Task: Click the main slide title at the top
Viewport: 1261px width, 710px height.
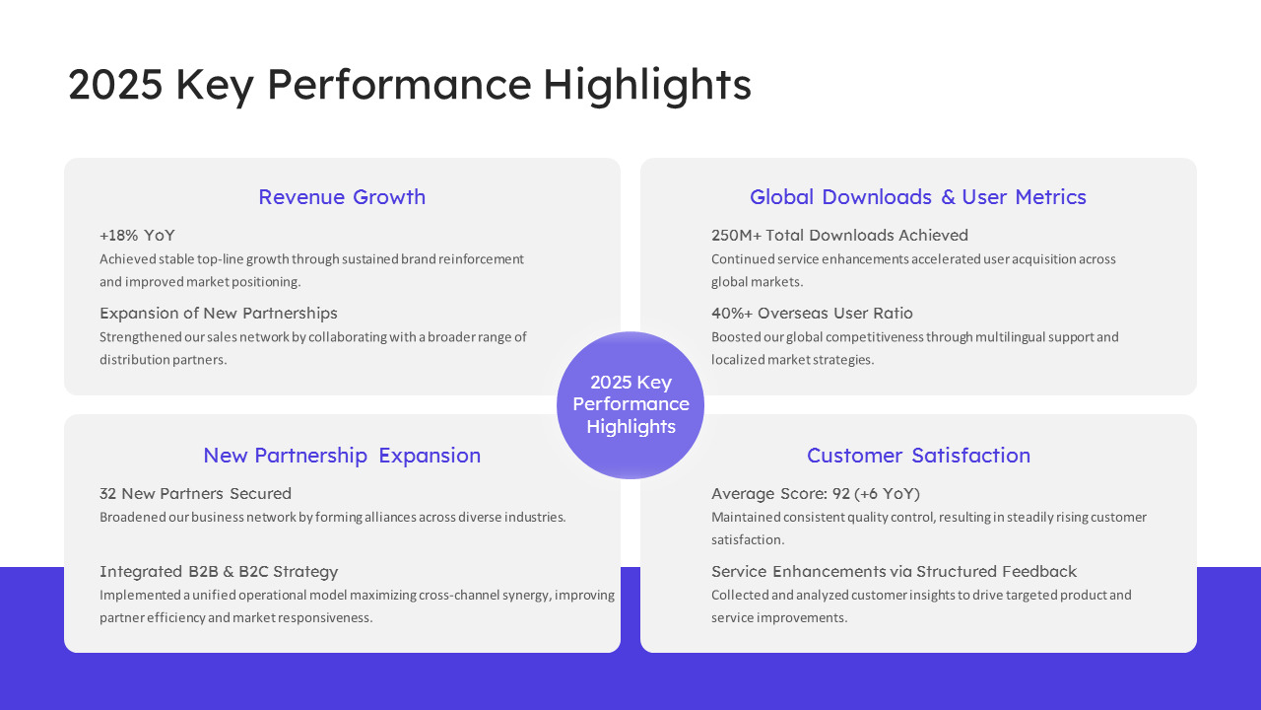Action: (x=409, y=85)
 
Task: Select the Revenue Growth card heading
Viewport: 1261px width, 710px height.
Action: (x=342, y=196)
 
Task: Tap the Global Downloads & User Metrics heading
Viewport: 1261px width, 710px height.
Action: (x=917, y=196)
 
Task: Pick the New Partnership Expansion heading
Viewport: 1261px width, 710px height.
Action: (x=342, y=456)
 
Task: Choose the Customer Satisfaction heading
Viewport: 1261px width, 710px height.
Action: (x=918, y=456)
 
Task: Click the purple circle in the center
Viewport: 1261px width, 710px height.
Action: (x=630, y=405)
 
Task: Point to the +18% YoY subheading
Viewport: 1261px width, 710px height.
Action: (x=137, y=235)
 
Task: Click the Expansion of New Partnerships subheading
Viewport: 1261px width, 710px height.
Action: (x=219, y=313)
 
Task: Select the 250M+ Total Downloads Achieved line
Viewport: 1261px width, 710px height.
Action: (x=839, y=235)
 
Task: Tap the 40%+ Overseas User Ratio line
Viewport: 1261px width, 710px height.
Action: (x=812, y=313)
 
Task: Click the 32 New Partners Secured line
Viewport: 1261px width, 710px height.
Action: (x=195, y=494)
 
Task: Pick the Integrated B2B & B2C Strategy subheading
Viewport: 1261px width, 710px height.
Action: (x=219, y=571)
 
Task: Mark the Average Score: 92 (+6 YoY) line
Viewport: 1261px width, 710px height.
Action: (x=815, y=494)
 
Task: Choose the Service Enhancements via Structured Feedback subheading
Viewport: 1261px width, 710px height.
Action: (x=894, y=571)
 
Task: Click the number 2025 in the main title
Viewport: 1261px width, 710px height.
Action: (x=115, y=85)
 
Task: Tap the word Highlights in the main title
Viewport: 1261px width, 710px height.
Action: (x=647, y=85)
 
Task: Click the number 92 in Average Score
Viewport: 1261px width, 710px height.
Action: (x=841, y=494)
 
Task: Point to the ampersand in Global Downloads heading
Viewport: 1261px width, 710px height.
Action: (x=948, y=196)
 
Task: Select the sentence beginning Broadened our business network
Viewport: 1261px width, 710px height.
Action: (x=333, y=518)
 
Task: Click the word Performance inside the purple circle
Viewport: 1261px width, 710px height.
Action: (x=630, y=404)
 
